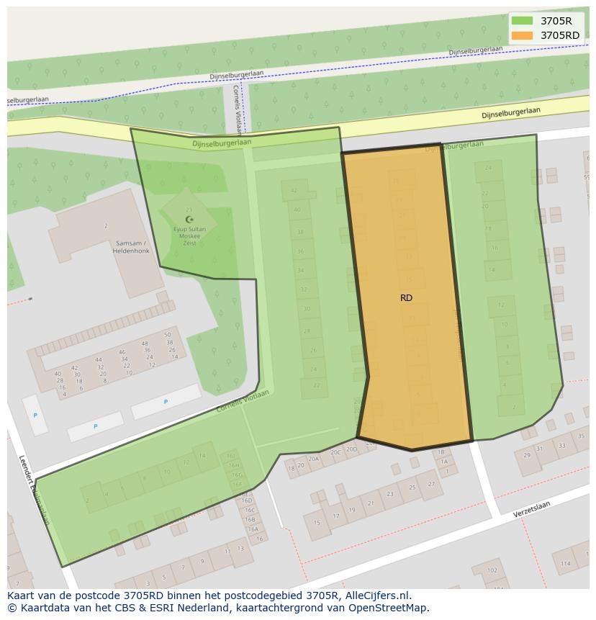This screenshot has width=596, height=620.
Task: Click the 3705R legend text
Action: [556, 21]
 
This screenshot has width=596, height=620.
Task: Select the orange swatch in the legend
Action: [522, 35]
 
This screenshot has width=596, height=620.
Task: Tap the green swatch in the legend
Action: [522, 21]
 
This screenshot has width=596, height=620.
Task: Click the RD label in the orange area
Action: [406, 297]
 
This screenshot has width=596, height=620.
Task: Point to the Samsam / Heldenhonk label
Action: [131, 247]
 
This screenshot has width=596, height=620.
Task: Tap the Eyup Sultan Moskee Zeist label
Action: [189, 235]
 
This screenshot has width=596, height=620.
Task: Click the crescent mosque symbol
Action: [189, 219]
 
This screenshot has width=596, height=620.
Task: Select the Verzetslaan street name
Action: [531, 511]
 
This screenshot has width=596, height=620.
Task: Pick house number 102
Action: [492, 570]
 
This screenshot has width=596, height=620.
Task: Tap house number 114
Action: [566, 563]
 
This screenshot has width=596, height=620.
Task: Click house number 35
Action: [581, 437]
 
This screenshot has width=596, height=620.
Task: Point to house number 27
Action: [431, 484]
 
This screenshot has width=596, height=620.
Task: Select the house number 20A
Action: [313, 459]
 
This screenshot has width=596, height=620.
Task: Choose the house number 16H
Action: [233, 465]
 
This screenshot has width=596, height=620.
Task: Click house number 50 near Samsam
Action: [168, 335]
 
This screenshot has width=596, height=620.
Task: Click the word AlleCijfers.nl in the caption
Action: [378, 596]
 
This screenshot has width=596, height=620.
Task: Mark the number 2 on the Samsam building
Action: [106, 226]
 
